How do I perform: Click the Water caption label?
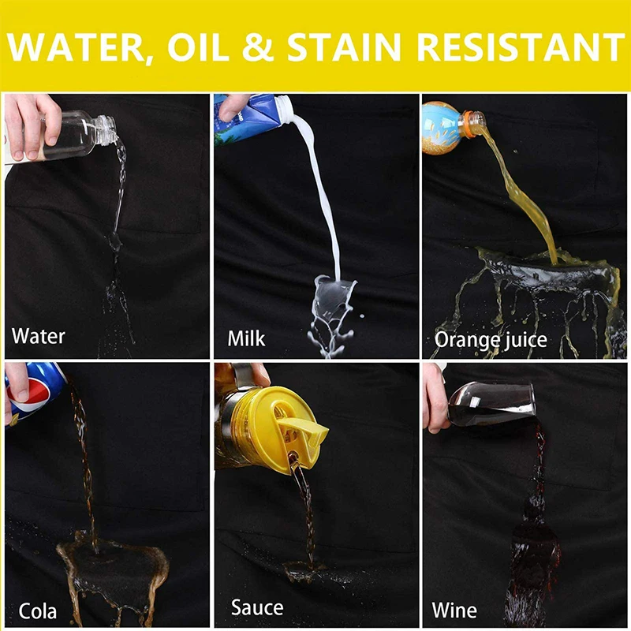38,337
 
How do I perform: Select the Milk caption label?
246,338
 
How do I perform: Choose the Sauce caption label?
257,607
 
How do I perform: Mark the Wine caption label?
454,610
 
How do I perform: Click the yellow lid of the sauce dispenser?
284,418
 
